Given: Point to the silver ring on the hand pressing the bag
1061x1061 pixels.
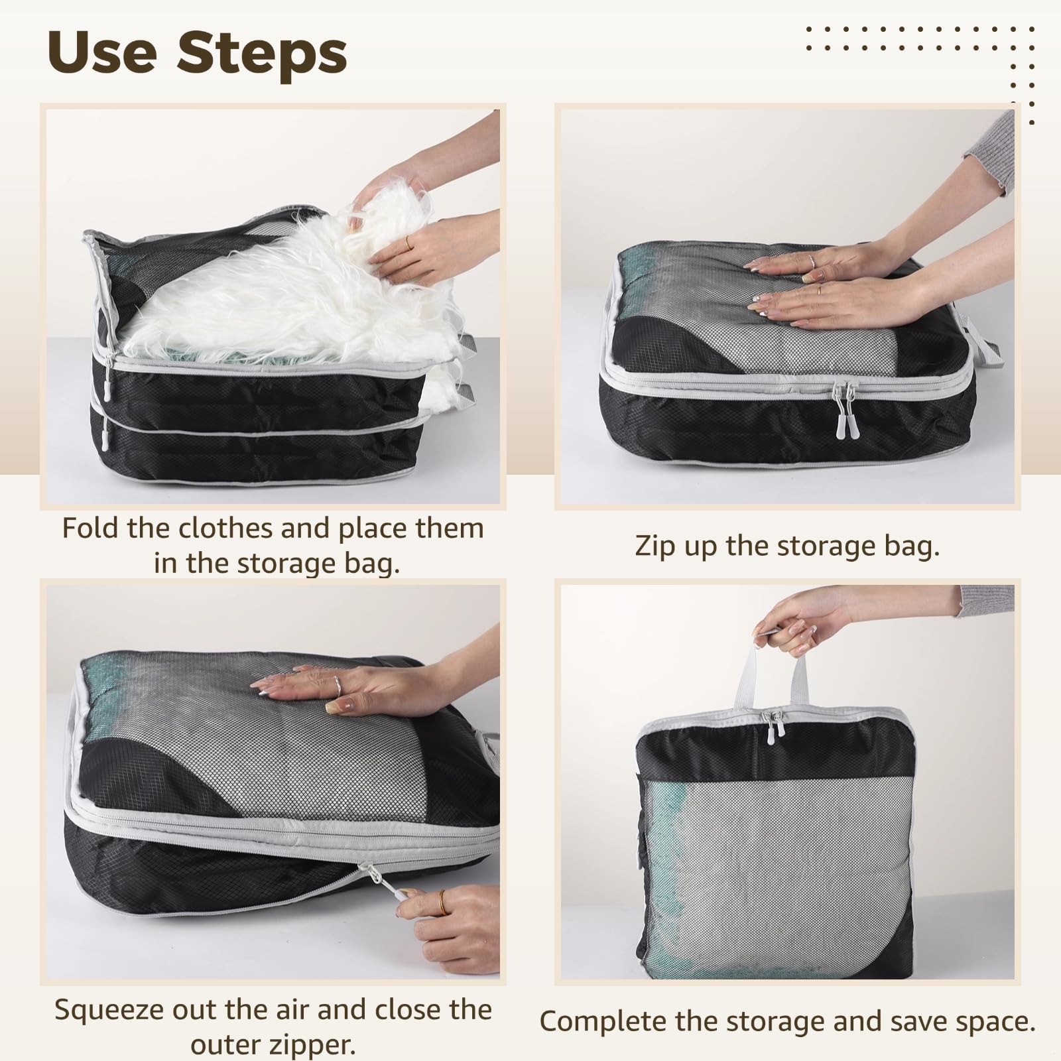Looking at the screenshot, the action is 338,686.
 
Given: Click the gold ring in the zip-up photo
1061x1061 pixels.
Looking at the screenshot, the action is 820,290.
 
